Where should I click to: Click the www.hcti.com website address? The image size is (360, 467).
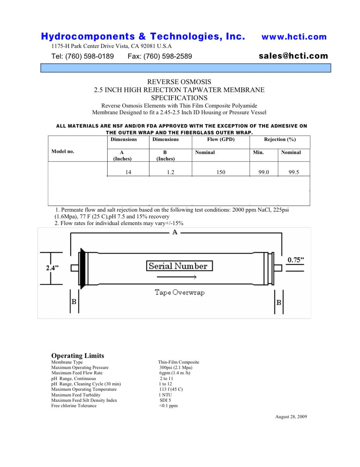[294, 37]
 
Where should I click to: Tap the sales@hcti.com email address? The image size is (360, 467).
[293, 56]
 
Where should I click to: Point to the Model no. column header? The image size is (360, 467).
[63, 151]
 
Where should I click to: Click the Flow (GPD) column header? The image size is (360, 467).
[221, 139]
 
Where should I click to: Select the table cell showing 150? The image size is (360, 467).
[221, 172]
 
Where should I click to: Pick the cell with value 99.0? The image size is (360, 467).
[264, 172]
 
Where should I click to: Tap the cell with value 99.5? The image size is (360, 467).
[294, 172]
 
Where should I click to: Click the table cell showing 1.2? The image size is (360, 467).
[170, 172]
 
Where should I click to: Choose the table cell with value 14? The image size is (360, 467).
[128, 172]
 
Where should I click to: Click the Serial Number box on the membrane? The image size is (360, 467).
[179, 266]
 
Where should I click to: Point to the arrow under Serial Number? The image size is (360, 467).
[176, 277]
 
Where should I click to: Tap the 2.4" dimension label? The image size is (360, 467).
[52, 268]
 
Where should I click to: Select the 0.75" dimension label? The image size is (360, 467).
[296, 260]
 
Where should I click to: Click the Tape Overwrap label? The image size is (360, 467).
[179, 292]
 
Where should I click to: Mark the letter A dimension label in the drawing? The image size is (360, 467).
[175, 232]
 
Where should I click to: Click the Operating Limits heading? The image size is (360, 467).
[78, 356]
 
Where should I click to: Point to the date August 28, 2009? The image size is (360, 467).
[291, 416]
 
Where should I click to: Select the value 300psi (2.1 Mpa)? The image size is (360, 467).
[176, 367]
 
